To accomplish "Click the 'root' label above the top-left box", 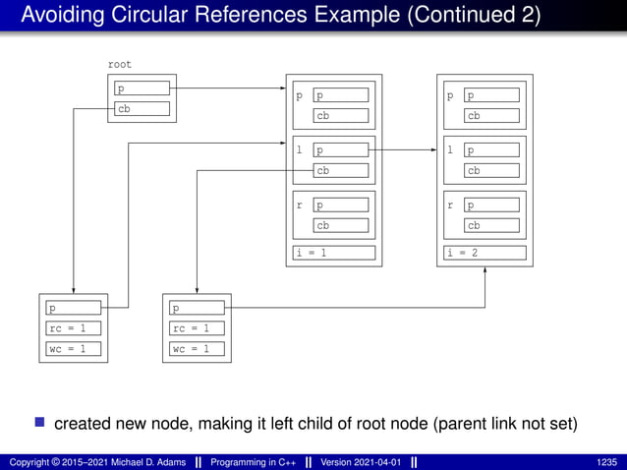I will (x=119, y=65).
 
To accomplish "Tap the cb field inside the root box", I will (x=142, y=109).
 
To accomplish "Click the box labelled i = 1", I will (x=334, y=253).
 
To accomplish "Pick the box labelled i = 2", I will (x=485, y=253).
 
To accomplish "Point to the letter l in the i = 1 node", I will (x=300, y=151).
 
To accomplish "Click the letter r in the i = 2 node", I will (x=450, y=206).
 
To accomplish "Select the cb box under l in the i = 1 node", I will (x=341, y=170).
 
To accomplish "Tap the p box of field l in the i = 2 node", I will (x=492, y=151).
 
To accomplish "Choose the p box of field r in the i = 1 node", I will (x=341, y=206).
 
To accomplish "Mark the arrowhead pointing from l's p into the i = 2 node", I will (x=432, y=150).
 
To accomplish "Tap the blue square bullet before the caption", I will (x=40, y=424).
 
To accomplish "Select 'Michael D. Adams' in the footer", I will (x=141, y=462).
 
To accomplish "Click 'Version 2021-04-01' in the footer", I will (x=358, y=462).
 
